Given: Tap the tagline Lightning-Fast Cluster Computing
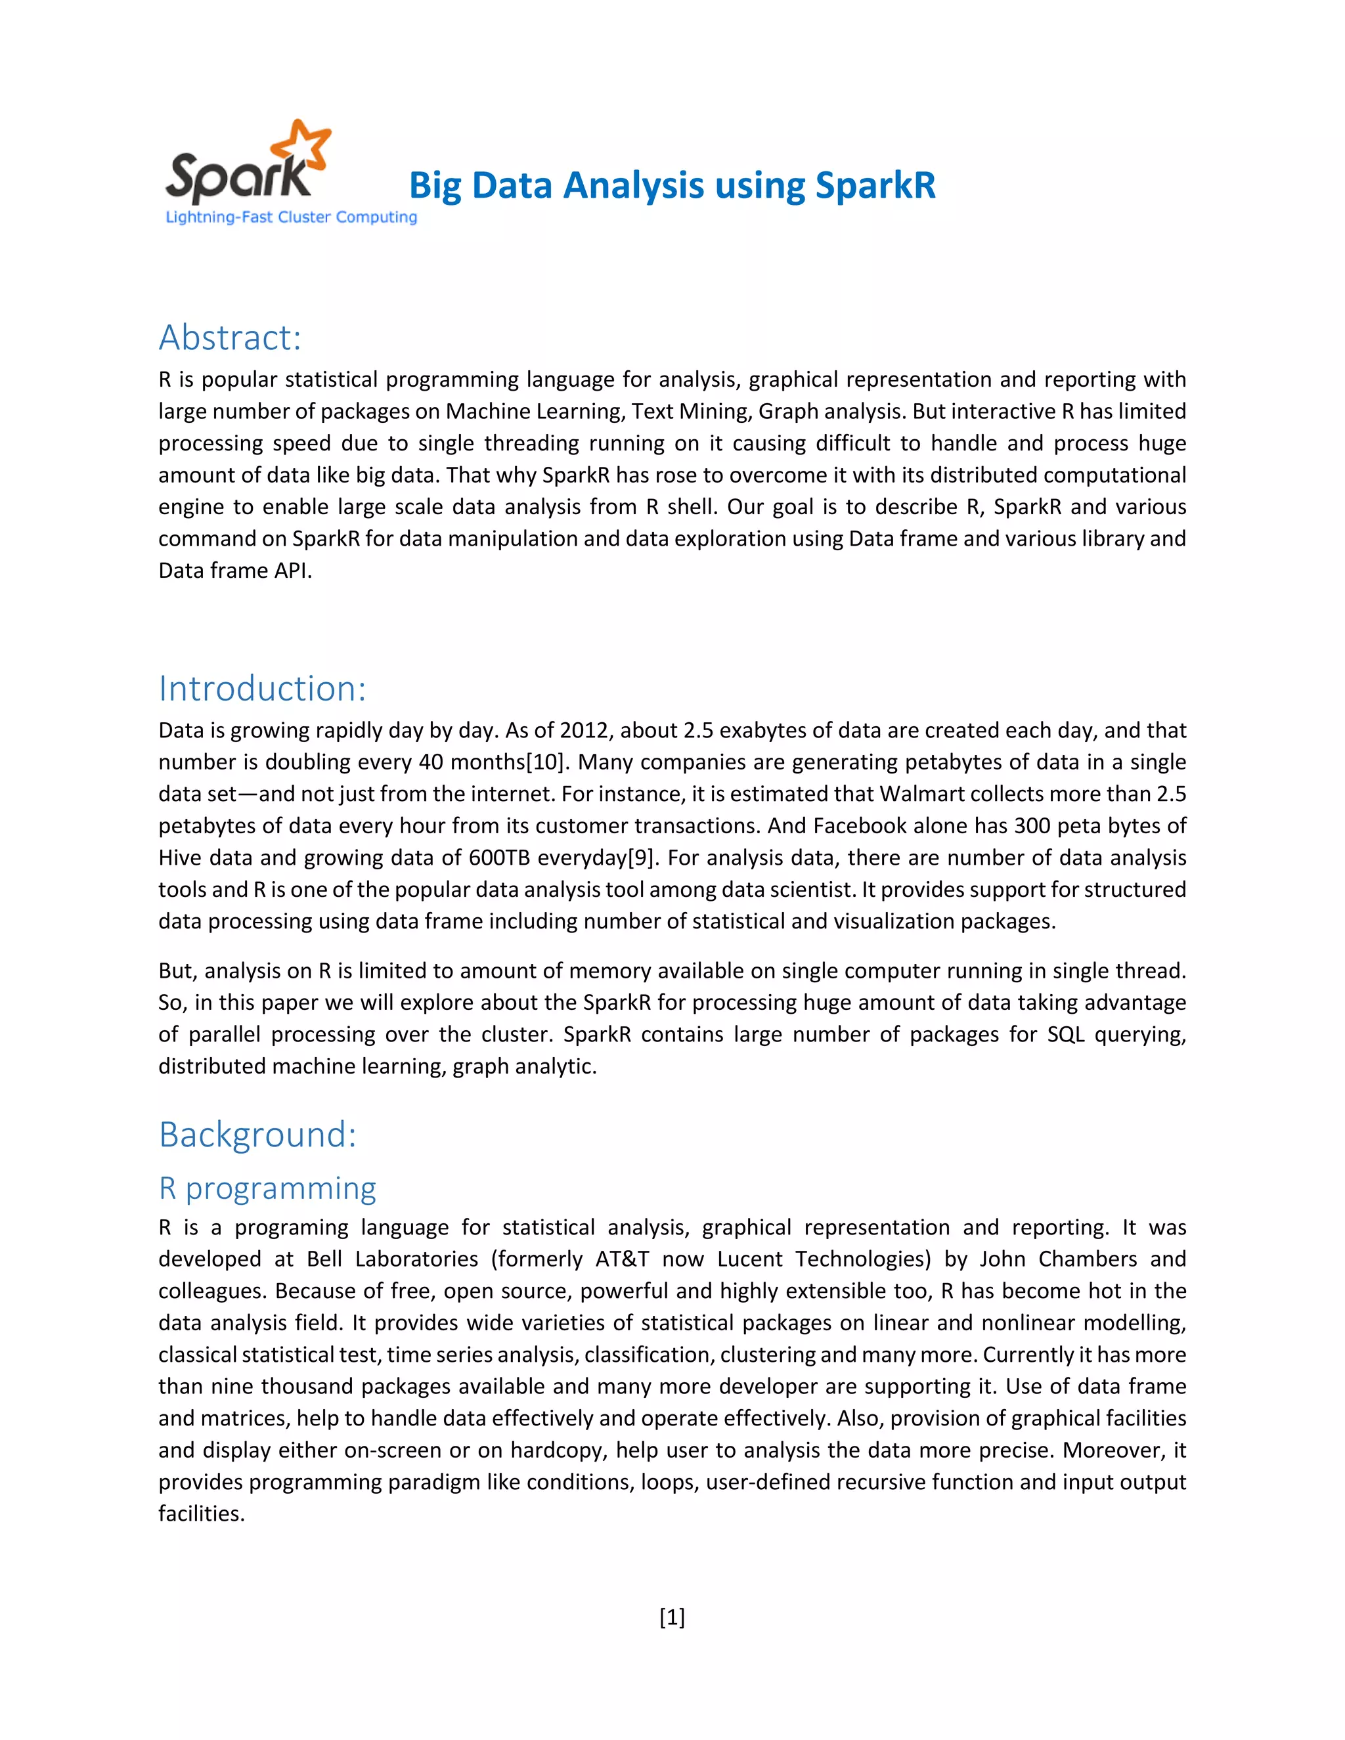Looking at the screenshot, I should [x=291, y=217].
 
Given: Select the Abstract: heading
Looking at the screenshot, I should [x=229, y=337].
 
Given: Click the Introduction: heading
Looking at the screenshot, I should [x=262, y=688].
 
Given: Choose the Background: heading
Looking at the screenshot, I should [x=257, y=1135].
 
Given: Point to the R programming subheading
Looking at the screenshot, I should [x=267, y=1188].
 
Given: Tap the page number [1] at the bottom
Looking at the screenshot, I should [x=672, y=1617].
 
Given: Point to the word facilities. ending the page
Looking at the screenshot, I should [x=201, y=1513].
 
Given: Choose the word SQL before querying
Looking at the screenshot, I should [x=1065, y=1034].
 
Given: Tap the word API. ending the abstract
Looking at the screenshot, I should [x=292, y=571].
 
